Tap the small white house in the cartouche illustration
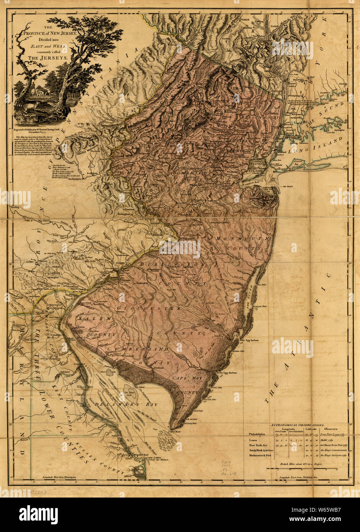tap(34, 89)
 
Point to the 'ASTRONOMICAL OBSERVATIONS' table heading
tap(297, 425)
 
